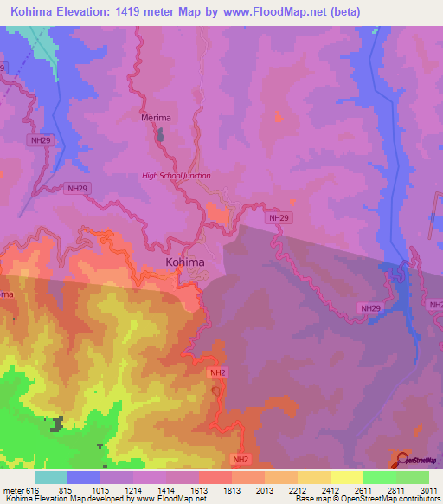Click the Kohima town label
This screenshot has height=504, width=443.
click(185, 262)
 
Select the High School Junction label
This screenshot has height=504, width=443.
click(176, 176)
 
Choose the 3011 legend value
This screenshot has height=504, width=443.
click(429, 490)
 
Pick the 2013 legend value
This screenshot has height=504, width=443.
click(266, 490)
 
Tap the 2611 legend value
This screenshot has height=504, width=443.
click(363, 490)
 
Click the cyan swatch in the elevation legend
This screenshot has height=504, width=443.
click(51, 477)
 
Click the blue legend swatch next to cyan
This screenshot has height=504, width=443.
click(84, 477)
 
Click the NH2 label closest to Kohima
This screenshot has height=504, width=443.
click(217, 372)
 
